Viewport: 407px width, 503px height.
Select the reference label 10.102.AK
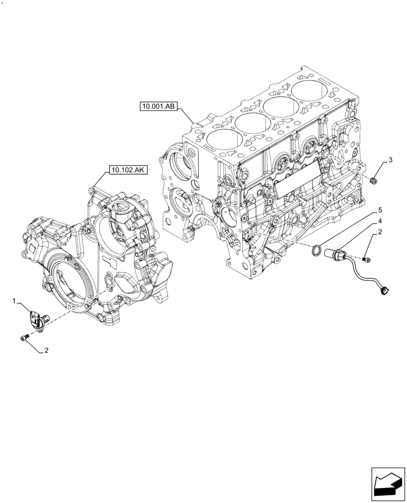pyautogui.click(x=125, y=171)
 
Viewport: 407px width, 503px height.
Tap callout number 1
pyautogui.click(x=16, y=301)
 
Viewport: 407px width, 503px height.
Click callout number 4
pyautogui.click(x=380, y=221)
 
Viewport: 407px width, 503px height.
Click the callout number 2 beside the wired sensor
pyautogui.click(x=380, y=232)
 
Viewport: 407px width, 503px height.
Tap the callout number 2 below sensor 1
pyautogui.click(x=46, y=351)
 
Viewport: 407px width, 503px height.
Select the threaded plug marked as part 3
pyautogui.click(x=373, y=181)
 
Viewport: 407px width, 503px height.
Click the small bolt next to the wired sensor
pyautogui.click(x=367, y=259)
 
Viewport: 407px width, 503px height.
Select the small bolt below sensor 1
pyautogui.click(x=23, y=339)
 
